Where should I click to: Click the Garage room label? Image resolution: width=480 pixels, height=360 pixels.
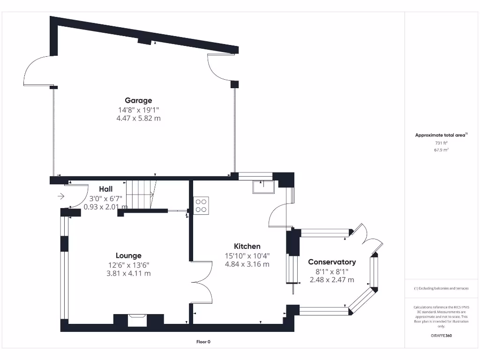click(x=138, y=100)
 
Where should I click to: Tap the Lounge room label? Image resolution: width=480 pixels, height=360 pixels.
click(x=128, y=255)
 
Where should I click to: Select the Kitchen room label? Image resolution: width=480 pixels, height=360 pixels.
click(x=247, y=246)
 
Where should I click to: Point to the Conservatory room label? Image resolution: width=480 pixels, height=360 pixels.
click(x=332, y=262)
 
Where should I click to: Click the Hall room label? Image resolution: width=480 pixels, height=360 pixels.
click(x=105, y=189)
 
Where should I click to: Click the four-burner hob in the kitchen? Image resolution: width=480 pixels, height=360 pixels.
click(x=201, y=205)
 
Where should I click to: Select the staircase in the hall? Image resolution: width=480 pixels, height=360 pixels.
click(x=142, y=195)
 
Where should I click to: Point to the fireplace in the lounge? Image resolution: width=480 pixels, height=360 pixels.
click(x=138, y=320)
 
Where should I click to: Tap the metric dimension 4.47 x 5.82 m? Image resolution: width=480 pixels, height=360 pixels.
click(x=138, y=119)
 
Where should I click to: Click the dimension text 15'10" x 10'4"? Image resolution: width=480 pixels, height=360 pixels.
click(x=247, y=255)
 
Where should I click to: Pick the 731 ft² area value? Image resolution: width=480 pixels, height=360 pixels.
click(x=441, y=142)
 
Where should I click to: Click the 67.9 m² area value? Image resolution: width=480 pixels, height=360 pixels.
click(x=441, y=150)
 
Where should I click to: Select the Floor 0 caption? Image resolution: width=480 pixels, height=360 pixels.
click(x=203, y=342)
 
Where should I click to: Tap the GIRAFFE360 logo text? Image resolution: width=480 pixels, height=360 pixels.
click(x=441, y=336)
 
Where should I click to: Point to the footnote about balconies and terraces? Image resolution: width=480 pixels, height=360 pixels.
click(x=441, y=288)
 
